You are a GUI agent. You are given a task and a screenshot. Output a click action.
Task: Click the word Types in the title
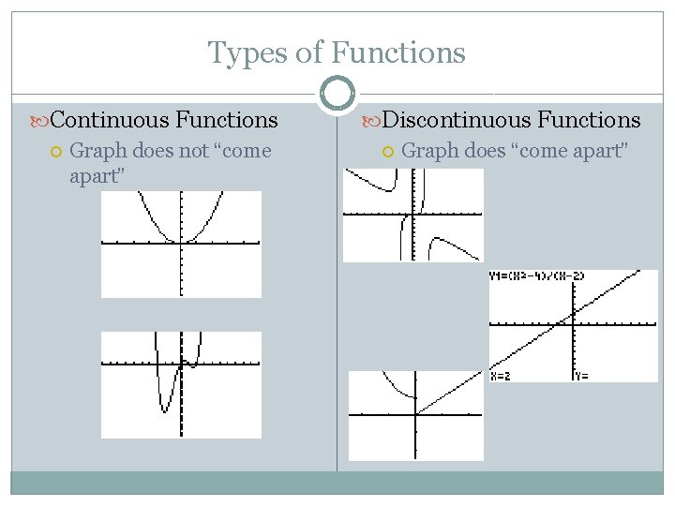coord(247,53)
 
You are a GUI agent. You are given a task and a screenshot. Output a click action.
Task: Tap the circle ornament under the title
coord(337,94)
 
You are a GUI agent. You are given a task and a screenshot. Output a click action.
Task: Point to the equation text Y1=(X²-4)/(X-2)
coord(536,276)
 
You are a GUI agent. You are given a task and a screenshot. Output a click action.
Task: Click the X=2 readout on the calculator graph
coord(502,376)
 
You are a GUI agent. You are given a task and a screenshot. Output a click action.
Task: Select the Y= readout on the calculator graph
coord(583,376)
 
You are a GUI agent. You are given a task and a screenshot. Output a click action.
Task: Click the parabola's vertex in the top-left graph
coord(180,242)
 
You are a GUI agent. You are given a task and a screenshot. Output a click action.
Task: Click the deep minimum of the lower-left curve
coord(165,409)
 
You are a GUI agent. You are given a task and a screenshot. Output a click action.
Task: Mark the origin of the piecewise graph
coord(415,413)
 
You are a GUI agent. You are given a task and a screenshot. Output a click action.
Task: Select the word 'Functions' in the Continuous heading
coord(226,120)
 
